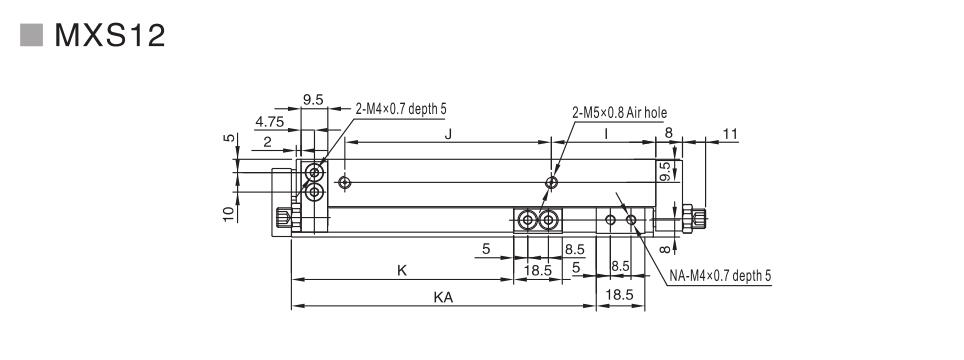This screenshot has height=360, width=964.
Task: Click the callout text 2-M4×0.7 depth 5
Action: pyautogui.click(x=407, y=108)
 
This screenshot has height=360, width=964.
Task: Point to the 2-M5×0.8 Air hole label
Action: pyautogui.click(x=619, y=113)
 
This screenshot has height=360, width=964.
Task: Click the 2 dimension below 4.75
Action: pyautogui.click(x=268, y=143)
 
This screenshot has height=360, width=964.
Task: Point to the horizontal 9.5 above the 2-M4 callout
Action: pyautogui.click(x=313, y=100)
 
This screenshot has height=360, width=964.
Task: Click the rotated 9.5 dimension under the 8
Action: pyautogui.click(x=664, y=172)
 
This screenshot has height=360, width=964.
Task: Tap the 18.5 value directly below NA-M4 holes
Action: pyautogui.click(x=620, y=295)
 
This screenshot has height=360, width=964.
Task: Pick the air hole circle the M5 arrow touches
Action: pyautogui.click(x=551, y=182)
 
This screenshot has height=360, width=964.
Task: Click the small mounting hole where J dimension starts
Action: pyautogui.click(x=344, y=182)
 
